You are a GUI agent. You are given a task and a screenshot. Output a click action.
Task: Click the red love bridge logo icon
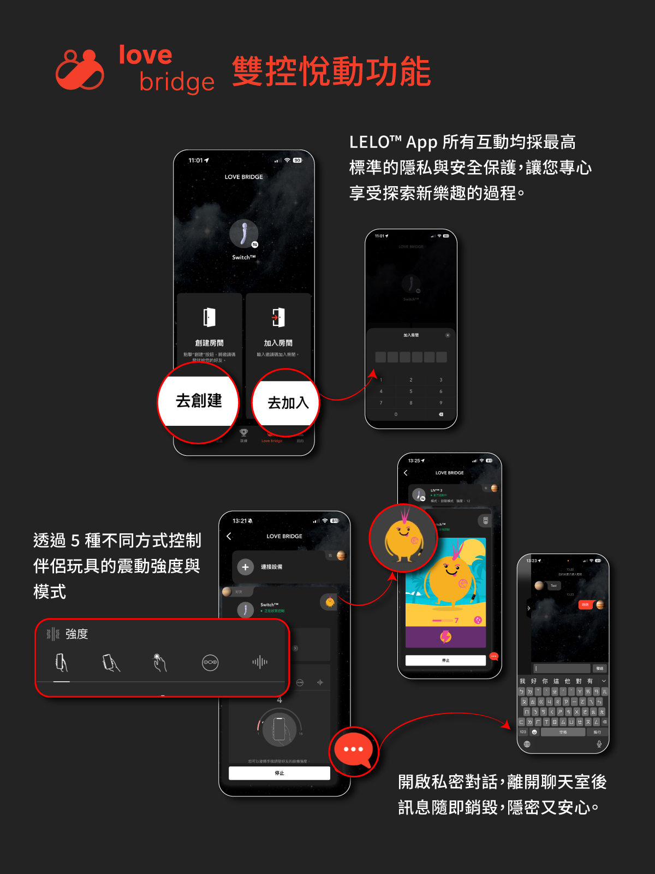pos(80,70)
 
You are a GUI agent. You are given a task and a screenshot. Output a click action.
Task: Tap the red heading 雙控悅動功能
pos(331,72)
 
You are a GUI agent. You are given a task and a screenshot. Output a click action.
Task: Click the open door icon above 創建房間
pos(209,317)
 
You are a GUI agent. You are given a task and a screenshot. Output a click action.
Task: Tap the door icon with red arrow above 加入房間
pos(278,317)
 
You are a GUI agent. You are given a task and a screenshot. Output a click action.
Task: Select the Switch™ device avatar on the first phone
pos(243,234)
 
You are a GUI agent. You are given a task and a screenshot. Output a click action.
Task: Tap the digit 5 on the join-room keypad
pos(411,391)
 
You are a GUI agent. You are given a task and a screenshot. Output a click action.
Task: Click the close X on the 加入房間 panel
pos(448,335)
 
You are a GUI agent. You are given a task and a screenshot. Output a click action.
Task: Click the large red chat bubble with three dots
pos(353,750)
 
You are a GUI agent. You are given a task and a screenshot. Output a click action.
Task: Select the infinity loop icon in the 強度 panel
pos(210,662)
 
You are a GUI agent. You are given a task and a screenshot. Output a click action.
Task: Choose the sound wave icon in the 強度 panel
pos(260,662)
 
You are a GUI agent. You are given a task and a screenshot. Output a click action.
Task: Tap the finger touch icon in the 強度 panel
pos(159,662)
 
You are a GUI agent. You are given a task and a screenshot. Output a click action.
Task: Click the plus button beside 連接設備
pos(246,567)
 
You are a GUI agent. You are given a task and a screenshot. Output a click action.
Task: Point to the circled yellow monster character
pos(403,538)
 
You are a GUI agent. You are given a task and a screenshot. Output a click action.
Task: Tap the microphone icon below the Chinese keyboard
pos(599,744)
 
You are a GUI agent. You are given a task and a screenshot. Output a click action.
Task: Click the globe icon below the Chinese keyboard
pos(527,744)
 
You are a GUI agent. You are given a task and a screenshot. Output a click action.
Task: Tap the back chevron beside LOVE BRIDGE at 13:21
pos(229,536)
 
